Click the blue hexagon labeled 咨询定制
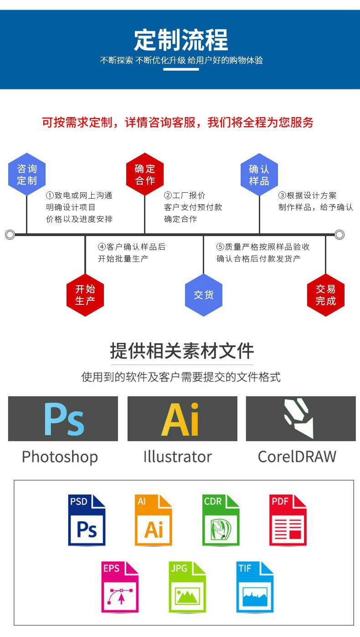(27, 175)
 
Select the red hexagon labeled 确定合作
(145, 175)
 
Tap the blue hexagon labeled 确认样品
(259, 175)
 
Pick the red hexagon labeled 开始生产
(85, 295)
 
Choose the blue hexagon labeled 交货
(204, 295)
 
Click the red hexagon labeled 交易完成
(325, 295)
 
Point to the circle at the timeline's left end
(10, 235)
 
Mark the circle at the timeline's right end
(339, 235)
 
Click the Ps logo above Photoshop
(63, 419)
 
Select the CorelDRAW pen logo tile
(300, 419)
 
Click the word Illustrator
(177, 457)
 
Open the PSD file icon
(87, 520)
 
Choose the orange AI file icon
(154, 520)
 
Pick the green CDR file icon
(221, 520)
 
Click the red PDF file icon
(288, 520)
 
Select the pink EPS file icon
(120, 587)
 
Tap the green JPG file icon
(187, 587)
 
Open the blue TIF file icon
(254, 587)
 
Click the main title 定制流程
(181, 41)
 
